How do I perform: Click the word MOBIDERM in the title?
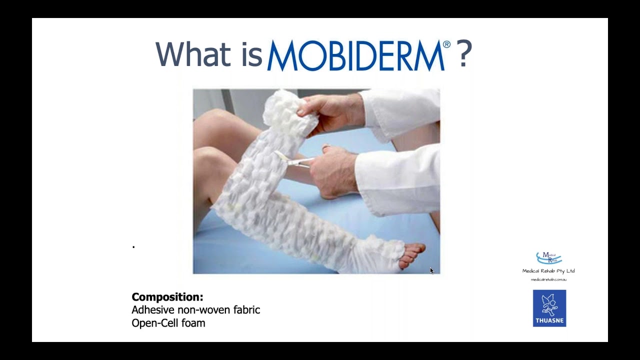(x=355, y=56)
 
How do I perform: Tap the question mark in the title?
(x=464, y=54)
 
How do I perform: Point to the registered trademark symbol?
(x=446, y=44)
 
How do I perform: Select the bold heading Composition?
(x=167, y=297)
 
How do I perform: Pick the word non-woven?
(x=204, y=310)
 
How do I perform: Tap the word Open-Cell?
(x=153, y=323)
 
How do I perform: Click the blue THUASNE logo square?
(x=549, y=308)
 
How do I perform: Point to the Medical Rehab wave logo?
(x=548, y=258)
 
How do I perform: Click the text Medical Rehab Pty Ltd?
(x=548, y=271)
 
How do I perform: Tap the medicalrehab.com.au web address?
(x=548, y=279)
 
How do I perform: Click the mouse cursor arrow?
(x=431, y=270)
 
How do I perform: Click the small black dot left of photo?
(x=133, y=246)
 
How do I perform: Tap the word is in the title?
(x=251, y=54)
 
